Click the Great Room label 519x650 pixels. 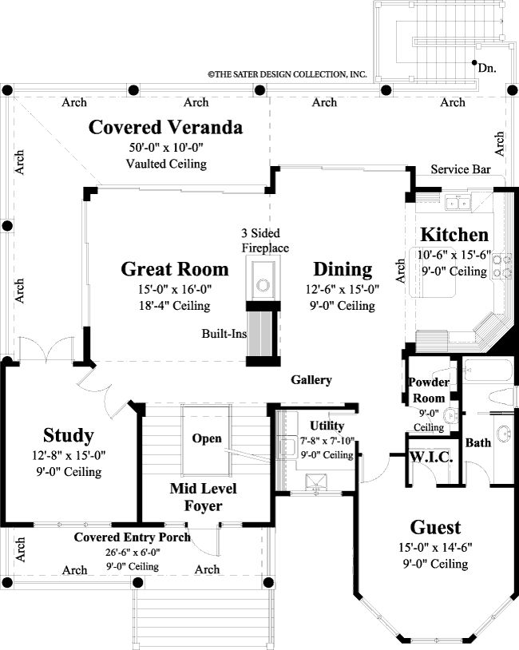[x=175, y=268]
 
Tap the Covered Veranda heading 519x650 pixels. [x=165, y=127]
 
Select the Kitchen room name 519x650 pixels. [x=454, y=235]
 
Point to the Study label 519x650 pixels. [x=69, y=435]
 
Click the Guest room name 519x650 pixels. [x=435, y=527]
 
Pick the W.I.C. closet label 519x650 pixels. [x=431, y=458]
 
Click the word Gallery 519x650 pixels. [x=311, y=380]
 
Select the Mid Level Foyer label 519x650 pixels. [x=203, y=497]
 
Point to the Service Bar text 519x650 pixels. [x=459, y=170]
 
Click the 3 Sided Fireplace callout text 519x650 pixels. [x=265, y=241]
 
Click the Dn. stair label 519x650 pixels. [x=487, y=69]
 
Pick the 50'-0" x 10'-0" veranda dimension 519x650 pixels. [x=166, y=149]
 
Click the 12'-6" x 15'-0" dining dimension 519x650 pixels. [x=342, y=290]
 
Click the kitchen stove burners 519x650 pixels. [x=502, y=265]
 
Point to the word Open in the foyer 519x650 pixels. [x=206, y=439]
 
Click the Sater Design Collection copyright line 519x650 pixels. [x=287, y=74]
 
